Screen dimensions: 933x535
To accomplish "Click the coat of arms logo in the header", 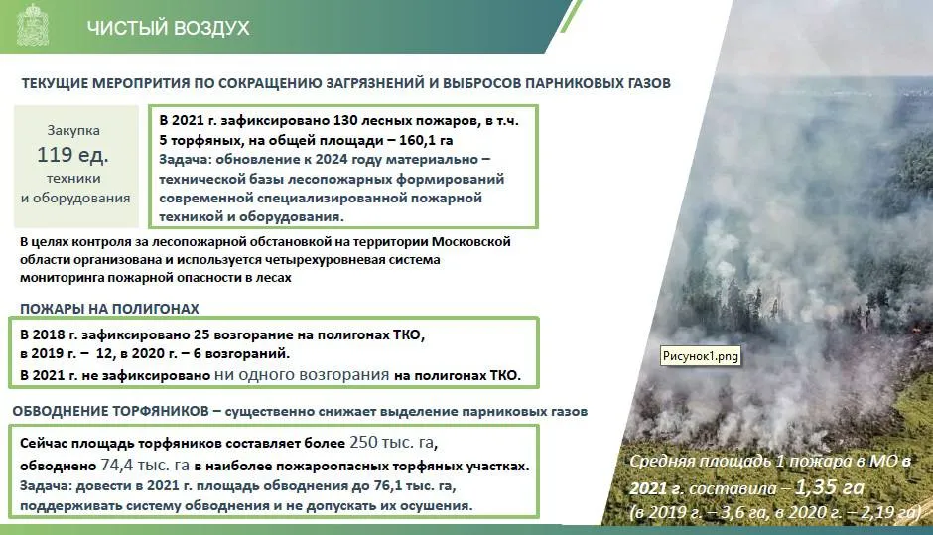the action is (x=32, y=26).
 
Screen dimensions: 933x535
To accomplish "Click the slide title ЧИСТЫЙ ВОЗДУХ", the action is (x=169, y=28).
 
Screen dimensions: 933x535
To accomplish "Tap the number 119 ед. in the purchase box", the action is (x=72, y=155).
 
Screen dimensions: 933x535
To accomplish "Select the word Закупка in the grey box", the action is (x=73, y=130).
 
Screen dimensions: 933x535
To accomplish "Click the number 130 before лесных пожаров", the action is (x=344, y=120).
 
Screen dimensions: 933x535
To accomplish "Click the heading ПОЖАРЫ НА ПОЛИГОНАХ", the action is (x=109, y=309).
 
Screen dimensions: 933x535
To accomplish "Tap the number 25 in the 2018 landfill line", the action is (x=201, y=334).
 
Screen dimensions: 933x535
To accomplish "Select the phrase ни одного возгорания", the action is (x=302, y=375).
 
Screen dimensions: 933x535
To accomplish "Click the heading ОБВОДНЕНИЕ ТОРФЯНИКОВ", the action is (x=111, y=411).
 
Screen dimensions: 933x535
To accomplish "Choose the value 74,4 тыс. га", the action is (x=145, y=465).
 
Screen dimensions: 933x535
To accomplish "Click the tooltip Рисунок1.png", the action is (x=701, y=356).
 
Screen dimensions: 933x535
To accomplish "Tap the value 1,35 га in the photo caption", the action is (x=830, y=487).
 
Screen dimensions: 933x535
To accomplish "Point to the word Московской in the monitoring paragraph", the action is (x=471, y=242).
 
